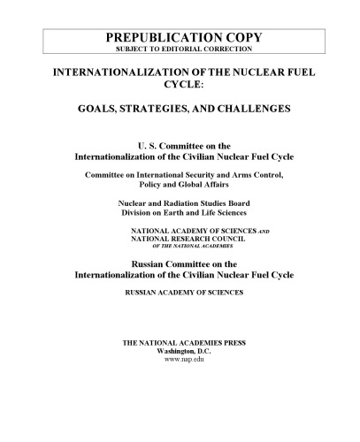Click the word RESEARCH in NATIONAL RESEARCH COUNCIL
183,239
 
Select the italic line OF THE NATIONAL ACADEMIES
184,247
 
